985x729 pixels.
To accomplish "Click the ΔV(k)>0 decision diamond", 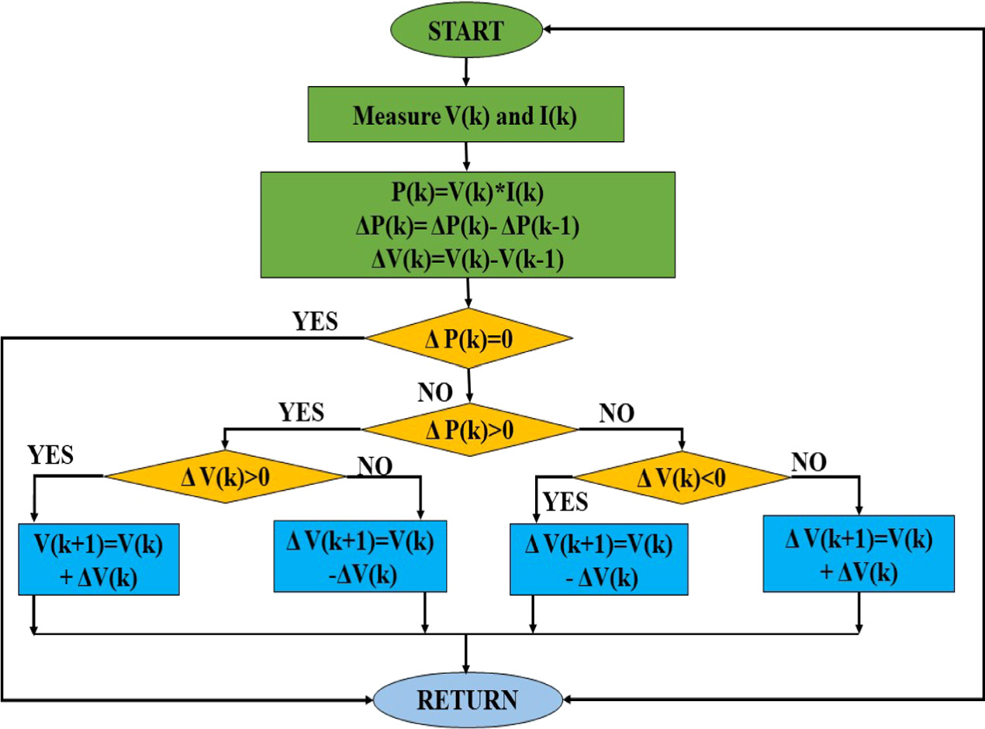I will coord(225,476).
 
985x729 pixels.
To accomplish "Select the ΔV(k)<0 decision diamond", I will coord(680,476).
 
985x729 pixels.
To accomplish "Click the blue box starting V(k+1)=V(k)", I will coord(99,560).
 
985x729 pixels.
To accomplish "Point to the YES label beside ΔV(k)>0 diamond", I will coord(50,454).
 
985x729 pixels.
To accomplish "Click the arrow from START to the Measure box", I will coord(465,71).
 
